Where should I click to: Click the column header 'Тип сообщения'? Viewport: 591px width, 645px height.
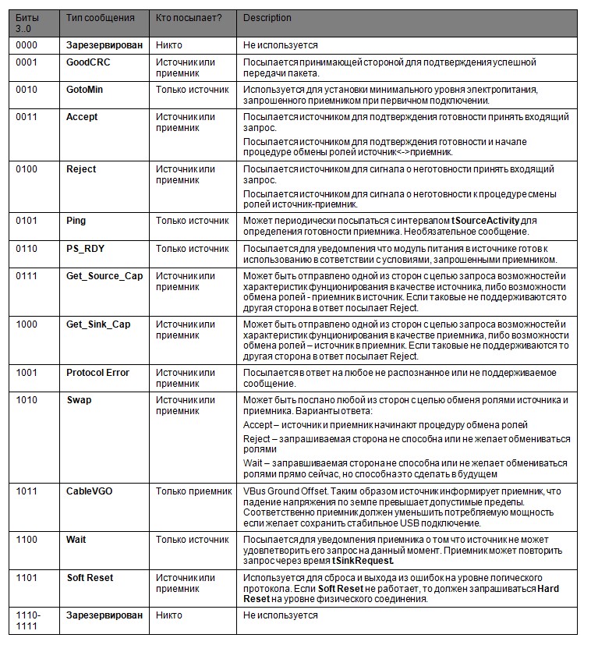point(101,18)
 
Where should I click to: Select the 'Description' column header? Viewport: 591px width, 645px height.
point(267,18)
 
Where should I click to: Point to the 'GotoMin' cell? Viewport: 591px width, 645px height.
point(84,90)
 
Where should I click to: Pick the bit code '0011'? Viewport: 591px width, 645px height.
point(27,117)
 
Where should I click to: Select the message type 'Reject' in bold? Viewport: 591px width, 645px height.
point(81,169)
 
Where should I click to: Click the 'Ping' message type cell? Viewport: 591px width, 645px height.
point(76,221)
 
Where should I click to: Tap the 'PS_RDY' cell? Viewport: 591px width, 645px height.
point(84,249)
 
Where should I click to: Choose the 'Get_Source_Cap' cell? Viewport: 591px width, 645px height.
point(104,276)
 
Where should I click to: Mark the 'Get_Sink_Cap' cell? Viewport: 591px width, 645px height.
point(98,324)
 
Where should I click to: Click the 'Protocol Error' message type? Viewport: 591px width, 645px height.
point(97,373)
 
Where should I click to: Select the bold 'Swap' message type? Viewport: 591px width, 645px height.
point(79,400)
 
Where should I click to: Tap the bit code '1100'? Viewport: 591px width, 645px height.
point(27,540)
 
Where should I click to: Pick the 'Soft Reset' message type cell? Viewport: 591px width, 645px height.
point(90,578)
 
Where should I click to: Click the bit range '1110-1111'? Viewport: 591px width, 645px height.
point(29,621)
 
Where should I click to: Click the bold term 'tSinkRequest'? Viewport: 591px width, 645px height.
point(363,561)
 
